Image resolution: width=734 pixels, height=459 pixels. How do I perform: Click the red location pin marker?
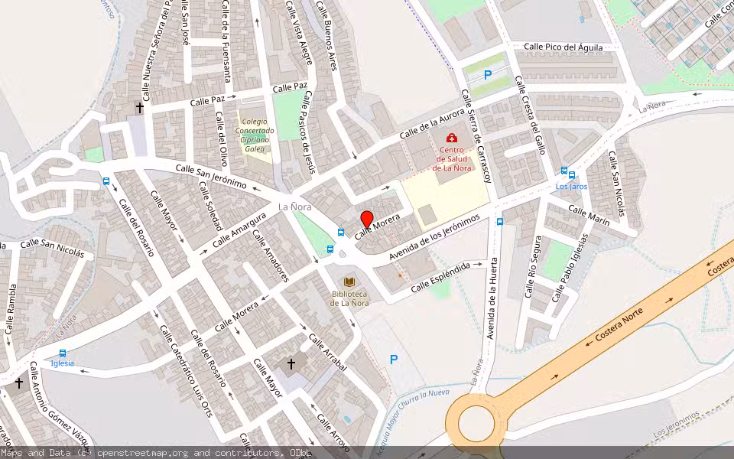coord(367,219)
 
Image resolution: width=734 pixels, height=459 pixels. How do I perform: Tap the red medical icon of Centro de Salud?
coord(452,138)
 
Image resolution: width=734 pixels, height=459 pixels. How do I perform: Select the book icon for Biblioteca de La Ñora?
coord(349,282)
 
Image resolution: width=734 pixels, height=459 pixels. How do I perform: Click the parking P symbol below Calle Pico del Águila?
coord(488,75)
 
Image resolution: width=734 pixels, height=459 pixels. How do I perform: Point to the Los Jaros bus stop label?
coord(571,186)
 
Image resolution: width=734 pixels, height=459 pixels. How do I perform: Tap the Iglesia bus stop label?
coord(62,363)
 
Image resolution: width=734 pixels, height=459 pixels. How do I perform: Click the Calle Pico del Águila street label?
coord(563,47)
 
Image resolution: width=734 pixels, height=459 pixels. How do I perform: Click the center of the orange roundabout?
coord(476,422)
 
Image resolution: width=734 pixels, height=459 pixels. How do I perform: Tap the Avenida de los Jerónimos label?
coord(434,236)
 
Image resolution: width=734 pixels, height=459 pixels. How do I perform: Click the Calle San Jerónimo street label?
coord(211,176)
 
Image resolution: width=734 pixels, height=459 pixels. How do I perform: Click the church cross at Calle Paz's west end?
coord(140,109)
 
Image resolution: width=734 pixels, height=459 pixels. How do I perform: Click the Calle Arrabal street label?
coord(328,353)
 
